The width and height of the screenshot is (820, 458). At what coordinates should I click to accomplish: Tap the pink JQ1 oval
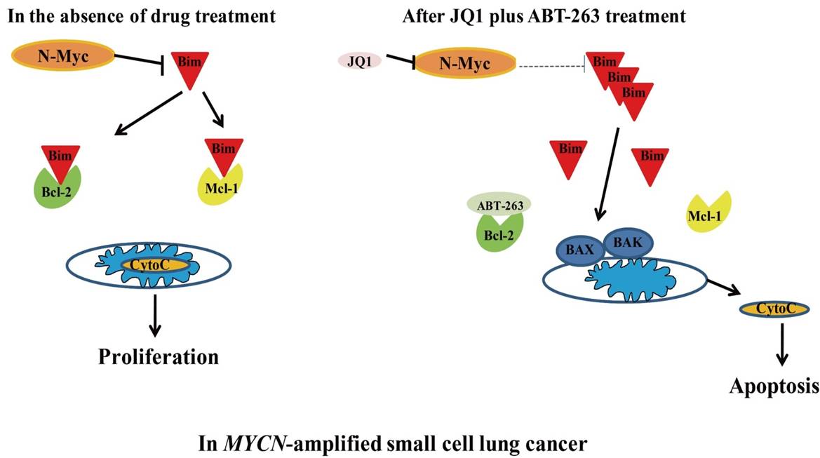tap(359, 60)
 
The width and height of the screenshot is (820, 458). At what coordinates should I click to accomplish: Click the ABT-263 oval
tap(499, 204)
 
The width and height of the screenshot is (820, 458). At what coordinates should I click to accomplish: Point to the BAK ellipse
tap(627, 242)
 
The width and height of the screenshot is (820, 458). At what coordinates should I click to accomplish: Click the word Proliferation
tap(158, 356)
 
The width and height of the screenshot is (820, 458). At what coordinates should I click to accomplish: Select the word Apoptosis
tap(774, 385)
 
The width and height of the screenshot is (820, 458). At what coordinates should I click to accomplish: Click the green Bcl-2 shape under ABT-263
tap(497, 232)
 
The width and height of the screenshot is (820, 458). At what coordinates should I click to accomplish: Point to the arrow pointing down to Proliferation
tap(155, 316)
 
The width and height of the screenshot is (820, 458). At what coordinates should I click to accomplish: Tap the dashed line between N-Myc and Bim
tap(551, 66)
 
